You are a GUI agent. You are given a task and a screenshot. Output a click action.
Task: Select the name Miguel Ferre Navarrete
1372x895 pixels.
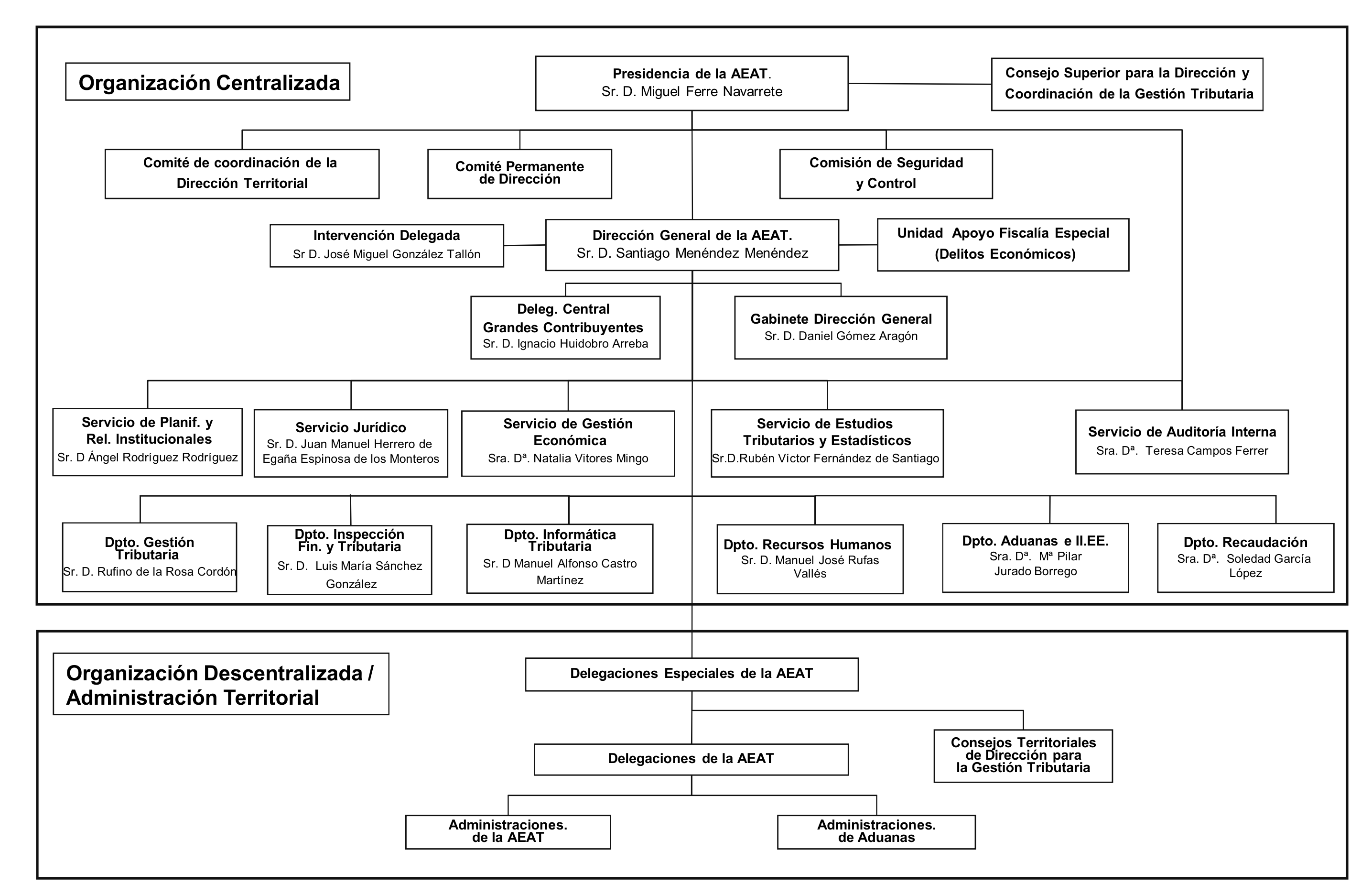point(712,92)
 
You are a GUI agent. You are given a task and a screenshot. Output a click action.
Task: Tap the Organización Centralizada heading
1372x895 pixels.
point(209,82)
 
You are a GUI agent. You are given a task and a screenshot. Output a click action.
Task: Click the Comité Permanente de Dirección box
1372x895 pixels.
point(519,174)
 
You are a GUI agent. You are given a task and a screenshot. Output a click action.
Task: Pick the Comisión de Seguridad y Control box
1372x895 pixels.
point(886,174)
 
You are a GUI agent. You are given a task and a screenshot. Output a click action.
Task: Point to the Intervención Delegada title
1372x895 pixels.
point(387,235)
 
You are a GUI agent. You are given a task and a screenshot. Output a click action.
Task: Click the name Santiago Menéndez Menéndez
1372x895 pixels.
point(712,253)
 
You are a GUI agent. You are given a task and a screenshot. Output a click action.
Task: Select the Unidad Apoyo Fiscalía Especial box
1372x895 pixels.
point(1003,244)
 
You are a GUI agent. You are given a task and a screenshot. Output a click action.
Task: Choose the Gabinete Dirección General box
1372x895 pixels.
point(841,327)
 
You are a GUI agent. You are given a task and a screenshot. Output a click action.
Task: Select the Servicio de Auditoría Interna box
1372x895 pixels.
point(1182,442)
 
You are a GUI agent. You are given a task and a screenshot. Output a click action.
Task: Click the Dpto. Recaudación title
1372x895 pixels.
point(1245,542)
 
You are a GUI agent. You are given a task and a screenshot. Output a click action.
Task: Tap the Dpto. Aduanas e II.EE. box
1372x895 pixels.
point(1036,557)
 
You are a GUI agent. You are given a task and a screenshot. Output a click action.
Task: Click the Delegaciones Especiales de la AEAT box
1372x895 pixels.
point(692,674)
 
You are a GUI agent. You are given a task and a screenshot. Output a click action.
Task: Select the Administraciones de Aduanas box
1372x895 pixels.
point(876,831)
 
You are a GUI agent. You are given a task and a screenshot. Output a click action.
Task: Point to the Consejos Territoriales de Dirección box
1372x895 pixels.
point(1023,755)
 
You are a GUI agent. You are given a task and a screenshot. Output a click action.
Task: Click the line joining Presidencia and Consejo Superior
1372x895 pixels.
point(920,84)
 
